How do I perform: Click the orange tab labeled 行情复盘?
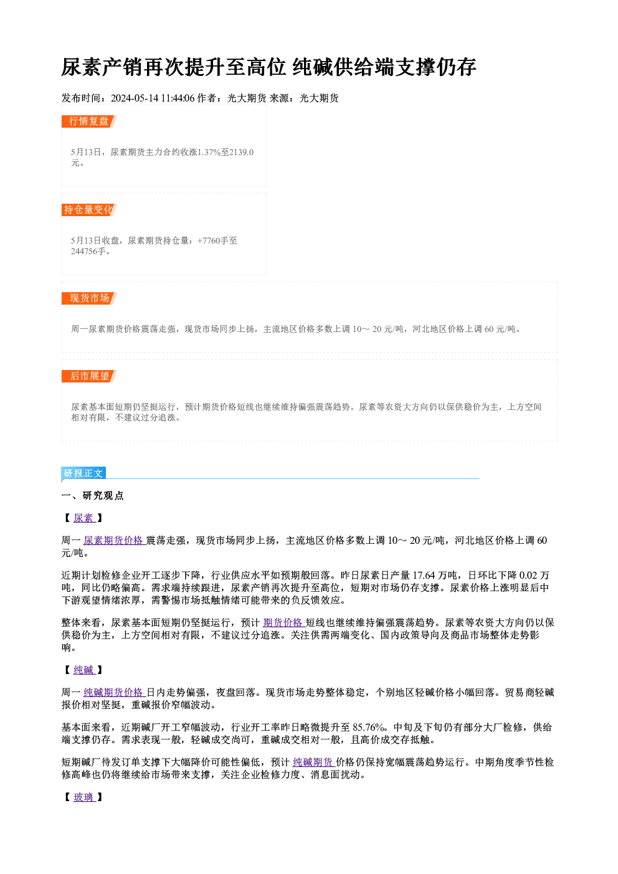click(x=89, y=121)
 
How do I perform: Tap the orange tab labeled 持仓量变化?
click(x=89, y=210)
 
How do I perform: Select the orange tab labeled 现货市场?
click(x=89, y=298)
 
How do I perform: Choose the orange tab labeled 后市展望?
click(x=89, y=376)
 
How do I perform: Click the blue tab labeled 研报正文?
click(x=83, y=473)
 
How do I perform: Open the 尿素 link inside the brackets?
click(x=84, y=518)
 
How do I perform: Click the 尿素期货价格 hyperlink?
click(x=114, y=540)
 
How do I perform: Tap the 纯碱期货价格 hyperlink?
click(x=114, y=693)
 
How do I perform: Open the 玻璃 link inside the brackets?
click(x=84, y=797)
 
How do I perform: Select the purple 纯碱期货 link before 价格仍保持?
click(x=313, y=762)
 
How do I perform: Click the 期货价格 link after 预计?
click(x=283, y=623)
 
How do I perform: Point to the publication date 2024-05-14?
click(x=135, y=98)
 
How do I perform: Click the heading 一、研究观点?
click(x=92, y=496)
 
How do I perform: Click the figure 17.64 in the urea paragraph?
click(x=424, y=576)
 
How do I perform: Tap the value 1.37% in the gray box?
click(x=209, y=152)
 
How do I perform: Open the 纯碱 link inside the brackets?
click(x=84, y=670)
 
